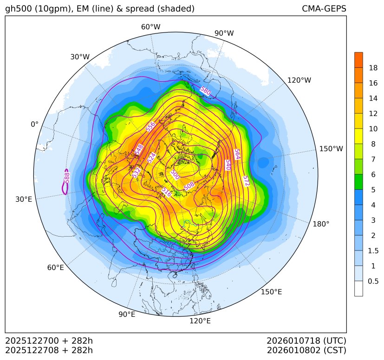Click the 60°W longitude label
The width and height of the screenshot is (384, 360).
tap(150, 27)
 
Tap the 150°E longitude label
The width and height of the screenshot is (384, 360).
tap(271, 292)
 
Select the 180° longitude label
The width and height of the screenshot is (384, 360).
tap(321, 224)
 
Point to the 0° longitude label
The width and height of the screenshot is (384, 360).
tap(34, 124)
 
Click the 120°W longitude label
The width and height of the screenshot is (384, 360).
tap(299, 80)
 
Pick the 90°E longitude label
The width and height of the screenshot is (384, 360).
tap(127, 315)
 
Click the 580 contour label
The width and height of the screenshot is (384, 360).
tap(205, 91)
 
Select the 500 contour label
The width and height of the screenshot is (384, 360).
tap(175, 174)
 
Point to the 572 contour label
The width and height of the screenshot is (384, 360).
tap(246, 181)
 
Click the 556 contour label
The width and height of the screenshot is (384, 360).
tap(150, 127)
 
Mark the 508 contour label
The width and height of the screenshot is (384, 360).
tap(189, 186)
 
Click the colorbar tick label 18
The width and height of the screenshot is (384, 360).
tap(373, 68)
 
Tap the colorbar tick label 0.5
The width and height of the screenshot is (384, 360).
tap(373, 281)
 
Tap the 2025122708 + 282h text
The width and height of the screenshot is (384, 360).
tap(49, 350)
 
